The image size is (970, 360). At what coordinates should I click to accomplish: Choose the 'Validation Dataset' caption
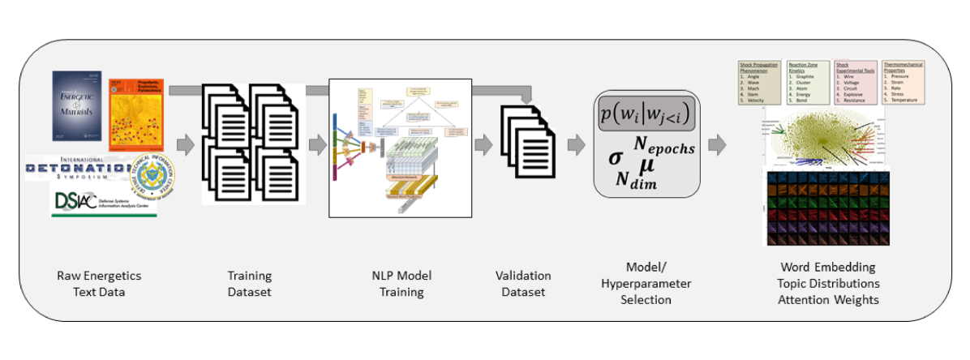(523, 284)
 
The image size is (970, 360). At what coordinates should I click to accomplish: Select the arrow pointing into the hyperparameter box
(577, 146)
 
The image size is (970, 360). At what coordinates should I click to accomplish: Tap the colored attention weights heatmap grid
(826, 208)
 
